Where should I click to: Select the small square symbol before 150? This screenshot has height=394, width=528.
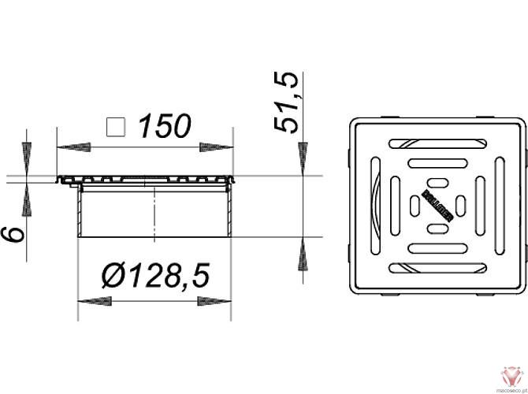tap(117, 126)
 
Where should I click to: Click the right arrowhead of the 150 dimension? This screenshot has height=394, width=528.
tap(216, 147)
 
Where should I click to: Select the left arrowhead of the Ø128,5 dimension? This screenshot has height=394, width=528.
tap(92, 300)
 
